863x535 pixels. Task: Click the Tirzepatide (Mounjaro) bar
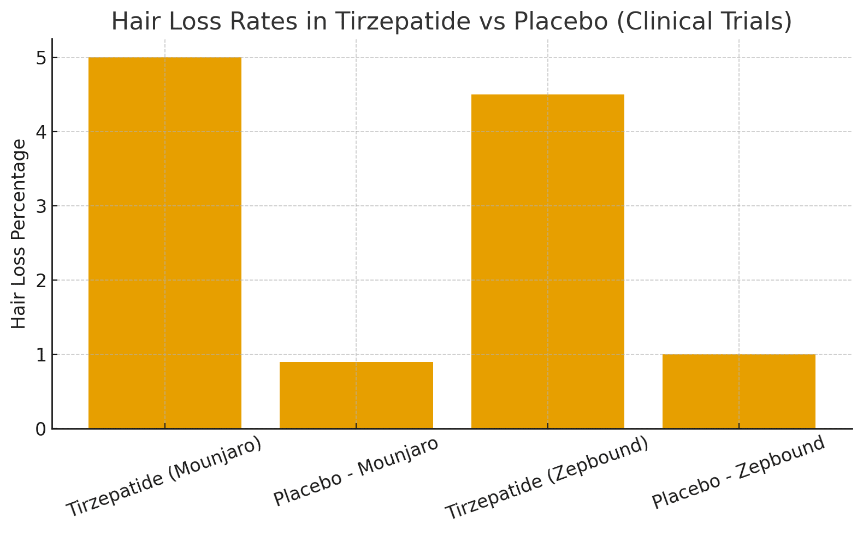coord(165,243)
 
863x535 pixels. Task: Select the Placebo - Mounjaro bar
coord(356,395)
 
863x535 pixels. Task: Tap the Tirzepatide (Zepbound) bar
coord(547,261)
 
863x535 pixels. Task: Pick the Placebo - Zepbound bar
coord(738,391)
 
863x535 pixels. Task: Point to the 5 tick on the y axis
coord(41,58)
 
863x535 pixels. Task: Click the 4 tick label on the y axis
coord(41,132)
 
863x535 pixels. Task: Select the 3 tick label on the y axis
coord(41,206)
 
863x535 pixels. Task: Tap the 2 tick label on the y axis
coord(41,281)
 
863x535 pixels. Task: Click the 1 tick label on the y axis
coord(41,355)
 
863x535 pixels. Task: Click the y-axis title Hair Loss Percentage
coord(19,234)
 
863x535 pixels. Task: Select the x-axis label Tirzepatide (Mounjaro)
coord(164,476)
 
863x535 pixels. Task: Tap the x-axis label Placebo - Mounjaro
coord(356,472)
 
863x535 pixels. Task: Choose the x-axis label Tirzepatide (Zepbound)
coord(547,478)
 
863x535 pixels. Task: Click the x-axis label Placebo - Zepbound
coord(738,473)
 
